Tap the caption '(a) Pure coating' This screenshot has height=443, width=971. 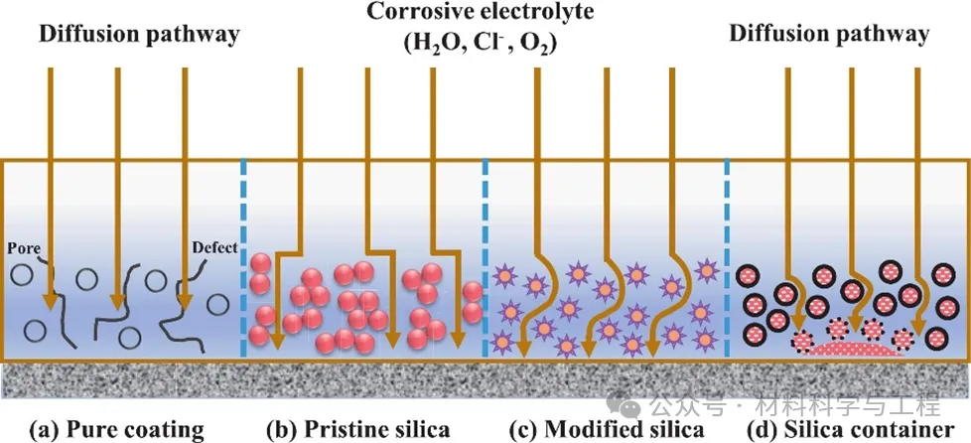click(116, 430)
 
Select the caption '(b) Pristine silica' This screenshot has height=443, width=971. click(357, 430)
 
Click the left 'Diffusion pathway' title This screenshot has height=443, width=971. click(139, 36)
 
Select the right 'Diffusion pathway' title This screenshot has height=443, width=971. click(829, 34)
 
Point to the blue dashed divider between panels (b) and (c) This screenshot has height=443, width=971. click(485, 258)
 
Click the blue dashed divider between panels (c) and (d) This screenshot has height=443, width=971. click(728, 258)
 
